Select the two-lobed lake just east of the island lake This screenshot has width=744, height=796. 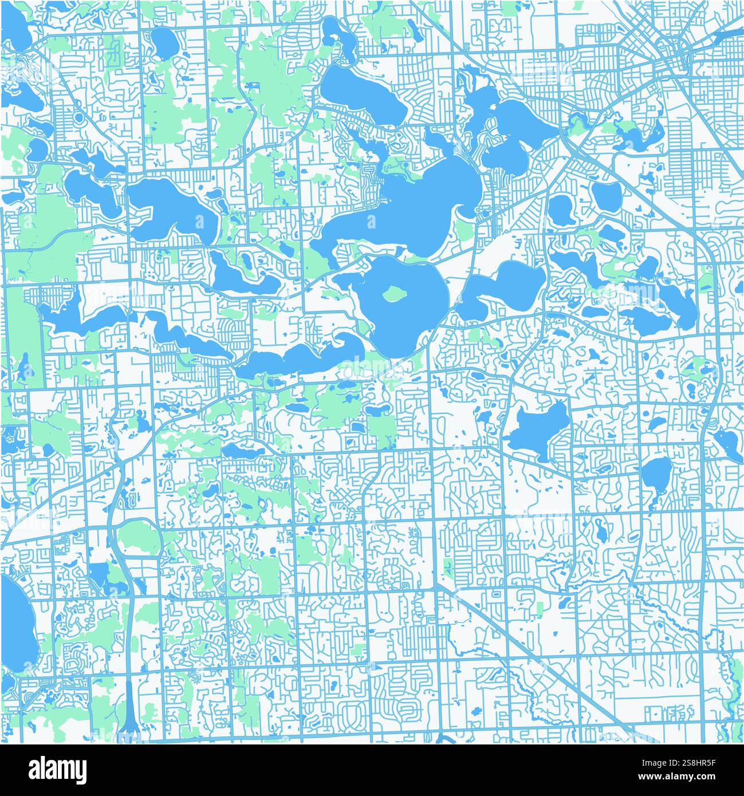(x=504, y=286)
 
